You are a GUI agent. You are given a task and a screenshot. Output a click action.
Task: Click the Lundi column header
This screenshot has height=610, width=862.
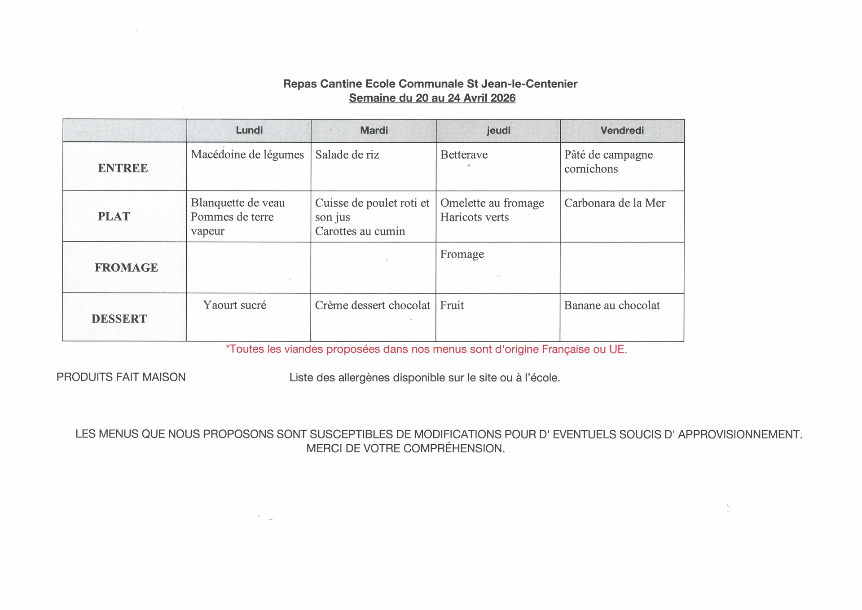pos(249,130)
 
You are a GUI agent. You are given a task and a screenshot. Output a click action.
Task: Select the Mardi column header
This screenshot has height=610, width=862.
pos(374,130)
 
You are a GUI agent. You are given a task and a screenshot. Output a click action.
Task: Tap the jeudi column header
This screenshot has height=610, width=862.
pos(498,130)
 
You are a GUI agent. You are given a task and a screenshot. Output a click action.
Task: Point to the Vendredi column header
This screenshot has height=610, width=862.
pos(622,130)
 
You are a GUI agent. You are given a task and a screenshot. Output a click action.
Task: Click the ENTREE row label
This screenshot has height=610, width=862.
pos(123,168)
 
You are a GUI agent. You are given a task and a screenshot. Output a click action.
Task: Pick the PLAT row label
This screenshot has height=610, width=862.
pos(114,217)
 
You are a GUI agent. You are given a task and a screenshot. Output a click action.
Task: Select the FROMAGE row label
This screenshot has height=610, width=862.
pos(126,268)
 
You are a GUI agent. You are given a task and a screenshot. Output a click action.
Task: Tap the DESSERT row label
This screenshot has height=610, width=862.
pos(119,319)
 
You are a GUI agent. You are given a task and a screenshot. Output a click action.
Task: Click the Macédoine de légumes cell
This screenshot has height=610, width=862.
pos(247,155)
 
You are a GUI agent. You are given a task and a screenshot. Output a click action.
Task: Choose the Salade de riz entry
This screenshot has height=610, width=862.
pos(347,155)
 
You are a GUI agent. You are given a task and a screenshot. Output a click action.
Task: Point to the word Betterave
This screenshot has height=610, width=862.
pos(464,155)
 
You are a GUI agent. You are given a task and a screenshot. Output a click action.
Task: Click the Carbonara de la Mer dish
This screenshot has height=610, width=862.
pos(615,203)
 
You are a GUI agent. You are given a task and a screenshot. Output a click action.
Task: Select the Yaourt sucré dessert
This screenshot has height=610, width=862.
pos(234,305)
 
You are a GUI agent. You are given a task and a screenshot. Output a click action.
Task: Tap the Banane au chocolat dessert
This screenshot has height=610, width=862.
pos(612,305)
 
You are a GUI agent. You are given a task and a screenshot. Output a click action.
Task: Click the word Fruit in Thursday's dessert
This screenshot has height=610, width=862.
pos(452,305)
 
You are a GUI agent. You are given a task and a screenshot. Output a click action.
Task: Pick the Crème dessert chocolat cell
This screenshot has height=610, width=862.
pos(373,305)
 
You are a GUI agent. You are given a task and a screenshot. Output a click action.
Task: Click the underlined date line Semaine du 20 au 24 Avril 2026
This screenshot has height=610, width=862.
pos(432,98)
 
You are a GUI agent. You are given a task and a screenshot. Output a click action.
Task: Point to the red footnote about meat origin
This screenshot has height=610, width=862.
pos(426,349)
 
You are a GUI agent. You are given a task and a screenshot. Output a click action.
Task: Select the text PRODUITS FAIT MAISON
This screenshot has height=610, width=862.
pos(121,377)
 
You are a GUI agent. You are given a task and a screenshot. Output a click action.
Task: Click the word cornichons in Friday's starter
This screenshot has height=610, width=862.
pos(591,169)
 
